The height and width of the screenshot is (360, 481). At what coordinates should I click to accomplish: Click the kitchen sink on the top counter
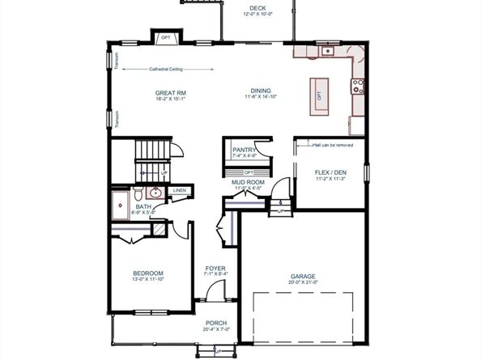click(327, 51)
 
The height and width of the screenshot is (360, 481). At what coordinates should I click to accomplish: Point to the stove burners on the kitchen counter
click(357, 87)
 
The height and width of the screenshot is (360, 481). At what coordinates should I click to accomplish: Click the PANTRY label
click(244, 150)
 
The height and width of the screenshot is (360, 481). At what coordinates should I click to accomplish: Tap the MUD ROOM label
click(249, 182)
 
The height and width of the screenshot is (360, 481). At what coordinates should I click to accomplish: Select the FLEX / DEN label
click(330, 172)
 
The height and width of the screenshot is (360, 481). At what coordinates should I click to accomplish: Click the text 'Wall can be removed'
click(332, 146)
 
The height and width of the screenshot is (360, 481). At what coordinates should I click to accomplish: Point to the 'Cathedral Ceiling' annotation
click(165, 69)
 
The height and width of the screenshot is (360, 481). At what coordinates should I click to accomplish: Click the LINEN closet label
click(178, 191)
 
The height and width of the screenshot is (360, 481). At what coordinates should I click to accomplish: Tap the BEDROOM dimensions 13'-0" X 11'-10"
click(148, 279)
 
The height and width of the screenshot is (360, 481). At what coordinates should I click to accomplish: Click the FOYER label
click(215, 268)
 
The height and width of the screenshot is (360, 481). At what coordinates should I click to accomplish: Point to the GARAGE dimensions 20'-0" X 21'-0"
click(304, 282)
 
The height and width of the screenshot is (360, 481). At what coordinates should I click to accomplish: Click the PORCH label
click(215, 323)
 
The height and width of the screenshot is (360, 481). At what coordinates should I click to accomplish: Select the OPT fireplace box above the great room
click(165, 37)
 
